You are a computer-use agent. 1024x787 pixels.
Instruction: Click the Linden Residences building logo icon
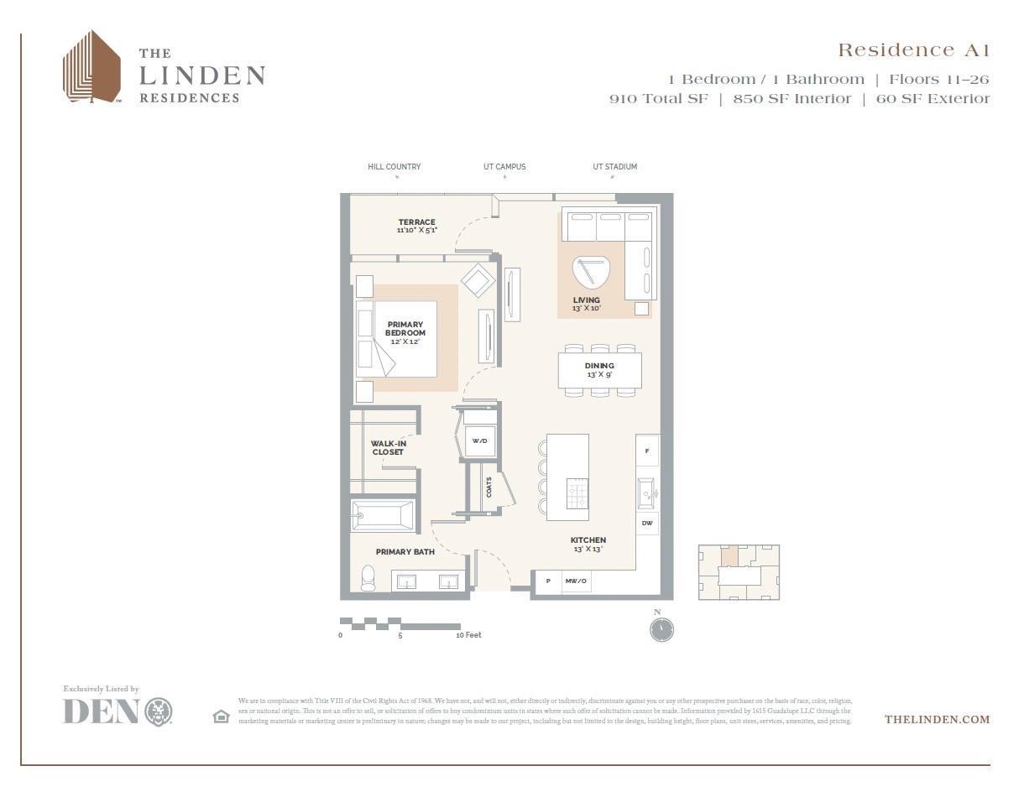pos(91,67)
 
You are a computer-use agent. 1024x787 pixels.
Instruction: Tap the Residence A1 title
pos(913,50)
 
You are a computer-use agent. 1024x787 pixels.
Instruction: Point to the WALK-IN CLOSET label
pos(388,448)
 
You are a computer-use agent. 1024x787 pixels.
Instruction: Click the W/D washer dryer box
pos(479,440)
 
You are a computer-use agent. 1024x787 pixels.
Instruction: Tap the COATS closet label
pos(488,487)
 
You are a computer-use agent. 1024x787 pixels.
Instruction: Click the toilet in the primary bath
pos(368,578)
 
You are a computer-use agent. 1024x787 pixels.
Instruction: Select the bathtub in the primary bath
pos(383,515)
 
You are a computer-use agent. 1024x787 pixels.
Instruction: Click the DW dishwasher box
pos(647,524)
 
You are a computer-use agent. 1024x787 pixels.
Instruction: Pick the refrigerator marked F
pos(646,451)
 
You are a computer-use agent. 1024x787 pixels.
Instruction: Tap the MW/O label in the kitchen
pos(576,581)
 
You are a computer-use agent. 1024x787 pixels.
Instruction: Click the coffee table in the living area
pos(592,272)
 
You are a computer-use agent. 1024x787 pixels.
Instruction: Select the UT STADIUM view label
pos(614,167)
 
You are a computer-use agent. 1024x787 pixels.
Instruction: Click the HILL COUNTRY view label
pos(394,167)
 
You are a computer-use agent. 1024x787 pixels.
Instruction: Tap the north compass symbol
pos(661,628)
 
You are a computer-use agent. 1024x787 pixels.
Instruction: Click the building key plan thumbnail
pos(739,572)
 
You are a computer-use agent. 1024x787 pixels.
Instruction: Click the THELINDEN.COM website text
pos(937,719)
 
